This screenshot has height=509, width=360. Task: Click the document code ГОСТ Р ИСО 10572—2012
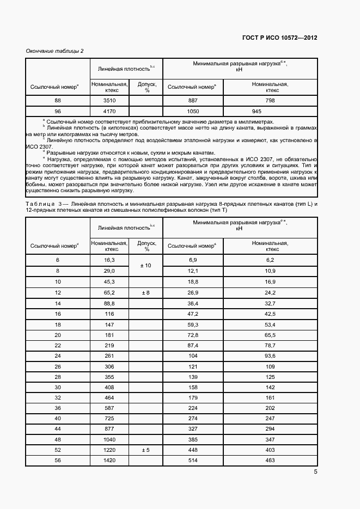click(x=279, y=38)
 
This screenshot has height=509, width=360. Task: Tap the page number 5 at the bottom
click(x=315, y=471)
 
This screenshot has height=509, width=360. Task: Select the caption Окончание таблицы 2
click(x=55, y=51)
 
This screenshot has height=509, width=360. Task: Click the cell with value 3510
click(x=110, y=101)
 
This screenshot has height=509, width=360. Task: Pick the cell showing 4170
click(x=110, y=111)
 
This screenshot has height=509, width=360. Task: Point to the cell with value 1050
click(x=192, y=111)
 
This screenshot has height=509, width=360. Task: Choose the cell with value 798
click(x=270, y=101)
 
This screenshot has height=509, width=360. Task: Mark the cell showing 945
click(x=270, y=111)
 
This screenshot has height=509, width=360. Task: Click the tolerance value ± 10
click(x=146, y=265)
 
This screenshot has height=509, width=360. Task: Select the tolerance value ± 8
click(x=146, y=293)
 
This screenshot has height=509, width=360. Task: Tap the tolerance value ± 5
click(x=146, y=450)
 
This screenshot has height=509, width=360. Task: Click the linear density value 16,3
click(x=110, y=260)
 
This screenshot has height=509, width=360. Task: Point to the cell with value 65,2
click(x=110, y=293)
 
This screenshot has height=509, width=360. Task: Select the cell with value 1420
click(x=110, y=461)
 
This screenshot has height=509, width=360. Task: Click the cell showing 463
click(x=270, y=461)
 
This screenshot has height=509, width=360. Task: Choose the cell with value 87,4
click(x=192, y=345)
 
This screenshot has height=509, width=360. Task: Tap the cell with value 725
click(x=110, y=418)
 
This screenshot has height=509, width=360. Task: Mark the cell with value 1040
click(x=110, y=439)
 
